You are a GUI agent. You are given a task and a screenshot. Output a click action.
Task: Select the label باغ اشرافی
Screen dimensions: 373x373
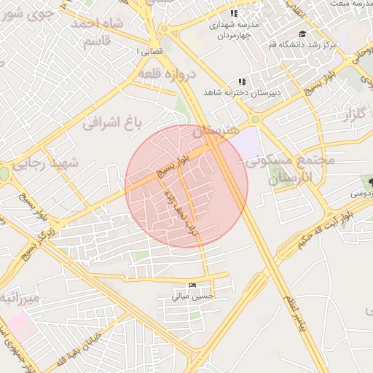[111, 121]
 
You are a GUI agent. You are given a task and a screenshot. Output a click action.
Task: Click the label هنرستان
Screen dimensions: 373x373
[216, 132]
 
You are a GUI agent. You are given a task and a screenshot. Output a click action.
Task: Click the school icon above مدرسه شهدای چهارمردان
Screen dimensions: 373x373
[233, 14]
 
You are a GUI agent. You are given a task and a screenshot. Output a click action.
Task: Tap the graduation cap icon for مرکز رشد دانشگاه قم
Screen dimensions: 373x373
[302, 34]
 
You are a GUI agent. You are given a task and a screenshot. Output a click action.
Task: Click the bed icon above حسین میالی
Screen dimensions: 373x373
[192, 285]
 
